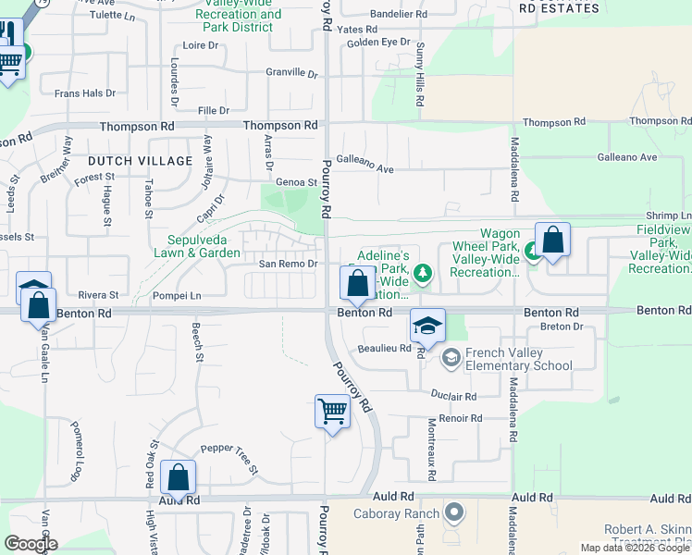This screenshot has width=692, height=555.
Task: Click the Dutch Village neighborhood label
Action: coord(141,161)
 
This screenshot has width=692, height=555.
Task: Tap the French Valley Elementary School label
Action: coord(519,359)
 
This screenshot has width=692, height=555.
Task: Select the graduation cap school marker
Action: coord(427,327)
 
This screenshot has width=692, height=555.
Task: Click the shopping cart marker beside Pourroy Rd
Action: coord(332,411)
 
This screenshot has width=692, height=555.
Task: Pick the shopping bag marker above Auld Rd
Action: coord(178,478)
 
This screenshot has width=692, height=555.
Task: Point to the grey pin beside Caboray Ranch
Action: coord(453,512)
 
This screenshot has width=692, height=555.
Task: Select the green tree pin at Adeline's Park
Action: coord(423,273)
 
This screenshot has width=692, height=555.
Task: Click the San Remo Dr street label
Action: coord(288,264)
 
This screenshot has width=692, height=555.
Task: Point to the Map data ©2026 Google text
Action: coord(636,548)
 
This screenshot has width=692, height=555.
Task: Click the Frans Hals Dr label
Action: coord(84,93)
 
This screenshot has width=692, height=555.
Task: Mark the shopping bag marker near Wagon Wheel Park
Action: coord(552,242)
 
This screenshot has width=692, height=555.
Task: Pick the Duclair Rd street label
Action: coord(453,396)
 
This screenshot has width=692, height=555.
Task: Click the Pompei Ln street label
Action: coord(177,296)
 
